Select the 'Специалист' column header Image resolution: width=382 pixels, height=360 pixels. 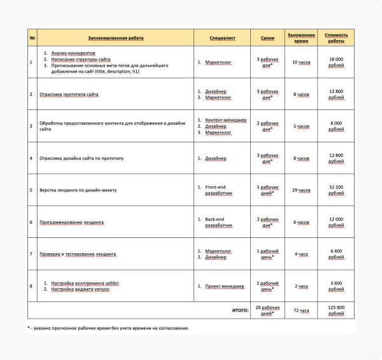(222, 38)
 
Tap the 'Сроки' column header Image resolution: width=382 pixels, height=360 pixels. (267, 38)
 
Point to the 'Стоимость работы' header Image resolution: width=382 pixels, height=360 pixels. (336, 38)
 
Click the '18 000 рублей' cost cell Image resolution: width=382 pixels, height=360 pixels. (336, 62)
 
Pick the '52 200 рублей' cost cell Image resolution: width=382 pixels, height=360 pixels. (336, 190)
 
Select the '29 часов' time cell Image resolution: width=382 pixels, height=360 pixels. (301, 190)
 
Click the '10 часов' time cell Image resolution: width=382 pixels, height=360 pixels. (301, 62)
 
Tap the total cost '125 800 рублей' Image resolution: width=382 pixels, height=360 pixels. (336, 310)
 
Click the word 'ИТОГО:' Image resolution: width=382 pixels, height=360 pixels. (238, 311)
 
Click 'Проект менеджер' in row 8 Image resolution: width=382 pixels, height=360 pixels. (225, 286)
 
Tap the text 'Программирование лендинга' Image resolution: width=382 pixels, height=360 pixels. (71, 222)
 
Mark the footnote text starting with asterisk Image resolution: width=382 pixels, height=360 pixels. (108, 328)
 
